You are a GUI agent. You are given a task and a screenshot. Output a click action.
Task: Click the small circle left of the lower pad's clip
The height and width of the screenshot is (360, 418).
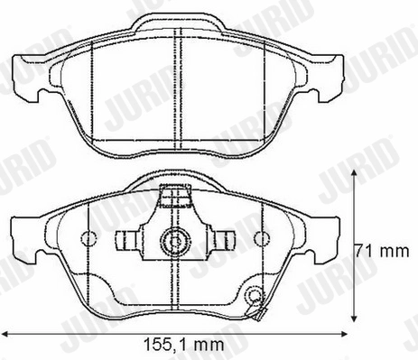coord(89,239)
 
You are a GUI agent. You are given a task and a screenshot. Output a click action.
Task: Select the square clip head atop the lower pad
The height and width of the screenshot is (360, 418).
coord(172,196)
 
